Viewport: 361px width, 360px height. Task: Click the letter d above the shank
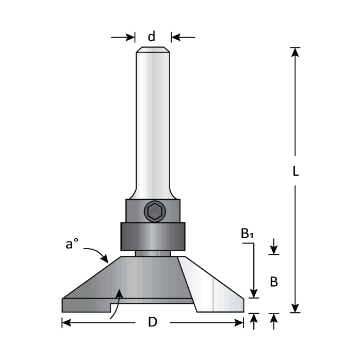pyautogui.click(x=152, y=37)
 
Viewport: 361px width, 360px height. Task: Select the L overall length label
pyautogui.click(x=296, y=172)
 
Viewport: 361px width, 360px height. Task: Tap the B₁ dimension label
pyautogui.click(x=248, y=234)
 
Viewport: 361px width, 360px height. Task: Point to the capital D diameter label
pyautogui.click(x=152, y=322)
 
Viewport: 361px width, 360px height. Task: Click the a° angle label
pyautogui.click(x=72, y=244)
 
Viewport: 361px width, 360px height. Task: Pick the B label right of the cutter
pyautogui.click(x=274, y=282)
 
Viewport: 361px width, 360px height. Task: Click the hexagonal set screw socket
pyautogui.click(x=153, y=211)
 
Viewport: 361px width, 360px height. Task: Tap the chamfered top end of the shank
pyautogui.click(x=153, y=50)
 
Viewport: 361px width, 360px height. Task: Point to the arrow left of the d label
pyautogui.click(x=124, y=37)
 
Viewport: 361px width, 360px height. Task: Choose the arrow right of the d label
pyautogui.click(x=183, y=37)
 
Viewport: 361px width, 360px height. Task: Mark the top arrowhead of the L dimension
pyautogui.click(x=295, y=52)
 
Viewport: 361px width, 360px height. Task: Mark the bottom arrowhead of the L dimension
pyautogui.click(x=295, y=308)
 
